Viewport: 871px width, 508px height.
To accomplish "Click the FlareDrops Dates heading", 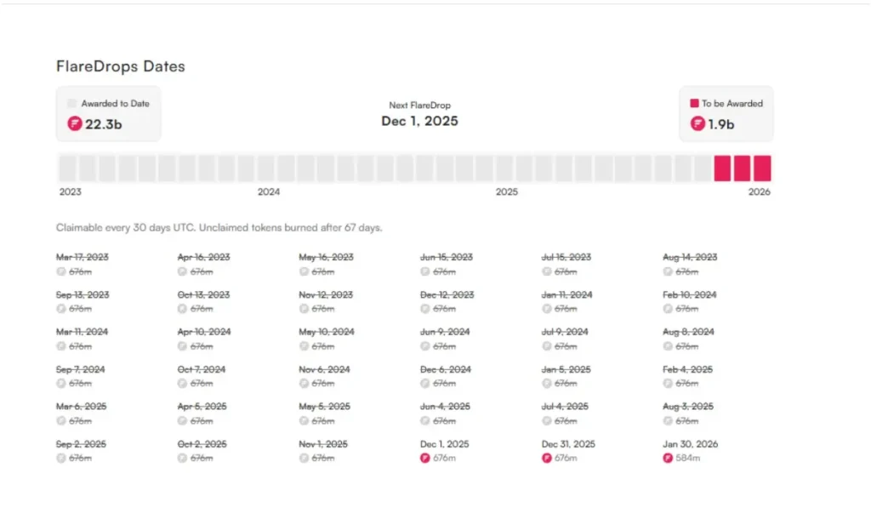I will click(120, 66).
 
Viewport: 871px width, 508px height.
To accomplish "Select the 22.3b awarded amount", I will click(103, 124).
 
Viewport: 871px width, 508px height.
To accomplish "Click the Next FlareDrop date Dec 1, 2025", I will click(419, 121).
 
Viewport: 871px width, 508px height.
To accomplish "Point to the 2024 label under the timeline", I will click(269, 192).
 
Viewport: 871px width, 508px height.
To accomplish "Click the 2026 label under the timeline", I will click(759, 192).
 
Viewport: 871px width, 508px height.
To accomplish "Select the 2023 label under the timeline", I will click(71, 192).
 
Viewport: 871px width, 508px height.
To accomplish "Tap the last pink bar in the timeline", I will click(762, 168).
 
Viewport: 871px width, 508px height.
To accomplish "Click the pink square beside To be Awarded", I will click(694, 104).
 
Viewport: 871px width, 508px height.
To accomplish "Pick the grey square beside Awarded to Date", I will click(72, 104).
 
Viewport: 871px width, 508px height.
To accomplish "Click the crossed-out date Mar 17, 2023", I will click(83, 257).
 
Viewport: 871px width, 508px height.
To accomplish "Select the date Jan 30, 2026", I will click(691, 444).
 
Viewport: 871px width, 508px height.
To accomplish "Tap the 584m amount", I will click(688, 459).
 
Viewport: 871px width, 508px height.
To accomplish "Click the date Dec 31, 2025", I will click(569, 444).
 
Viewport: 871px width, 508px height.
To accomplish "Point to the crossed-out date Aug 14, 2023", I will click(690, 257).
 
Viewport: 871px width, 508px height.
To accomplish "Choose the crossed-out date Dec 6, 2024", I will click(445, 369).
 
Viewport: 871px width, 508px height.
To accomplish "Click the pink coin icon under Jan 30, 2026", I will click(669, 459).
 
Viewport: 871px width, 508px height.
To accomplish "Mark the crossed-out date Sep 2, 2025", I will click(82, 444).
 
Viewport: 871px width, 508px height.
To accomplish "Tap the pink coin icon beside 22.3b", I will click(75, 124).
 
